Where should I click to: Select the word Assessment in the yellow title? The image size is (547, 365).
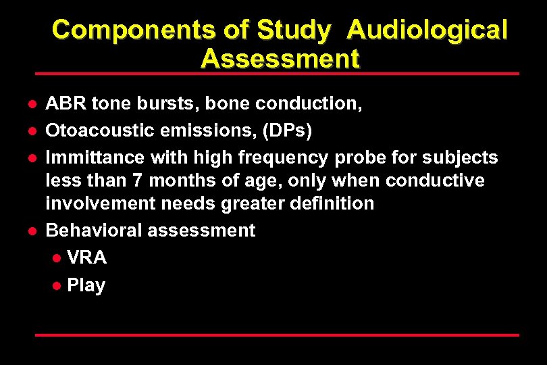[x=280, y=59]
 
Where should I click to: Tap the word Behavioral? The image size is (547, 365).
[x=93, y=230]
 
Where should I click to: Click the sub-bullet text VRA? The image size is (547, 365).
[x=86, y=258]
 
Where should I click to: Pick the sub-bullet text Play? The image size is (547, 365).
[x=86, y=285]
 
